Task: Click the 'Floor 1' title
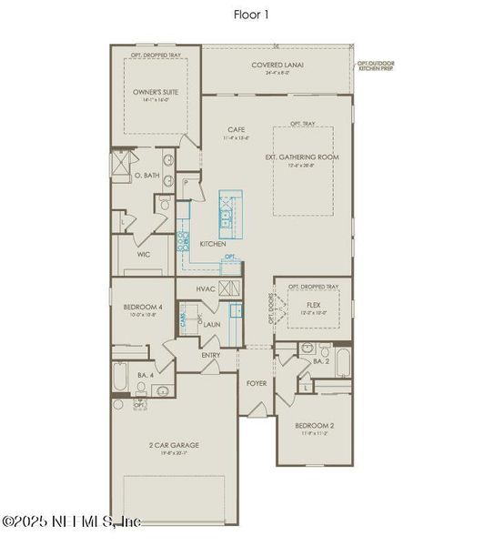(252, 15)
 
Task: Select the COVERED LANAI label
(277, 65)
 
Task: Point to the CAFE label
(237, 131)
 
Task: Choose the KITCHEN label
(213, 244)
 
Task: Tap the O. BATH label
(147, 176)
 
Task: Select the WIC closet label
(144, 255)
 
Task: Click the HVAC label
(206, 288)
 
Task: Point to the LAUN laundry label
(212, 324)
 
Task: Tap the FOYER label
(257, 383)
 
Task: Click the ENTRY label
(211, 355)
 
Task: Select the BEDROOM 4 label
(143, 308)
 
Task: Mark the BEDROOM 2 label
(314, 426)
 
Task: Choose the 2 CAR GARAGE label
(174, 445)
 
